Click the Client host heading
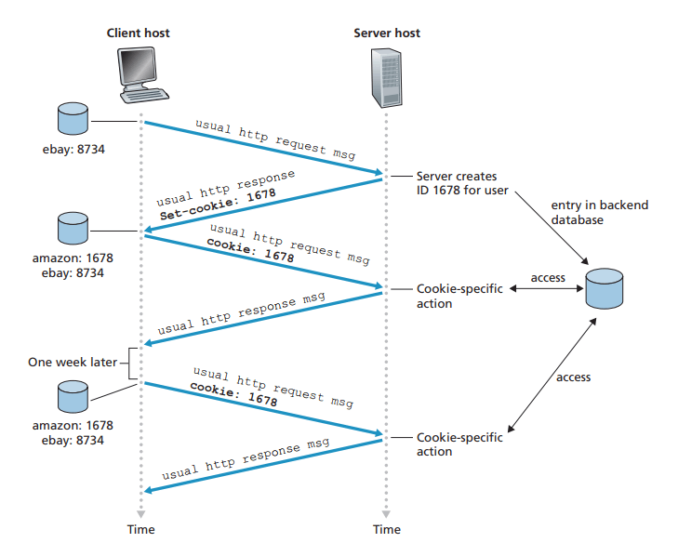139,33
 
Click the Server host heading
387,33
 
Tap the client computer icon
140,76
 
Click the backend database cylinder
604,288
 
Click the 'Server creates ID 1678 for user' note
456,183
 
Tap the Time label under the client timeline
140,530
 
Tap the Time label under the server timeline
387,530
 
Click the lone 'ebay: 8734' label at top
73,148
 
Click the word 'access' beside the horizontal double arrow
548,277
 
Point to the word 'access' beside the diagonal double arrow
573,377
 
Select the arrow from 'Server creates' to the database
558,232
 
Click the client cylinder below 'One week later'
72,399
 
